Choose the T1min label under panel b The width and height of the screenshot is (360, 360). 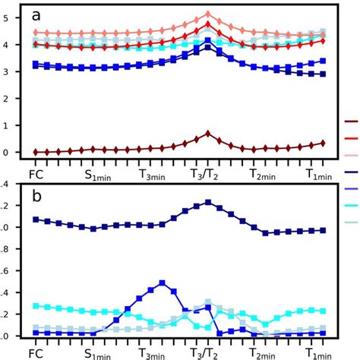320,353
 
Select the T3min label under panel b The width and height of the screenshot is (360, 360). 155,353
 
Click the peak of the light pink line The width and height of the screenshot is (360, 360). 208,14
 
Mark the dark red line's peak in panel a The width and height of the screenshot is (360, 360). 208,134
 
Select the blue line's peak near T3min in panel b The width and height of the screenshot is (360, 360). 162,283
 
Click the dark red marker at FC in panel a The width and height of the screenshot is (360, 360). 36,152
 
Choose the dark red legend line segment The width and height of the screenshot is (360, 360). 351,121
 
